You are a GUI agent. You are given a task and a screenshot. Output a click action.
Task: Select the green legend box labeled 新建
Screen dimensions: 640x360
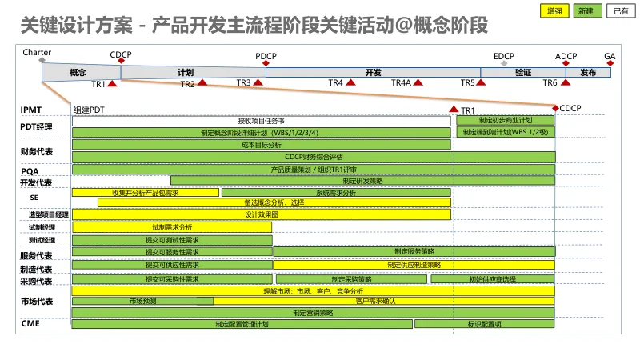pyautogui.click(x=585, y=10)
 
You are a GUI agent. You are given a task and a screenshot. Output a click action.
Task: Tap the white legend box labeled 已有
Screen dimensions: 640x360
pyautogui.click(x=618, y=10)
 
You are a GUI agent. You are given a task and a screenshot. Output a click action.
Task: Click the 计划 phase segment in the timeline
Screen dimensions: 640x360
pyautogui.click(x=186, y=72)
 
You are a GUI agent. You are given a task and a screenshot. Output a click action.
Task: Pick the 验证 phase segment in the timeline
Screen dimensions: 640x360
pyautogui.click(x=523, y=72)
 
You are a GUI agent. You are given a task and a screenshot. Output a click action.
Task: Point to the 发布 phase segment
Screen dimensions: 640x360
pyautogui.click(x=588, y=72)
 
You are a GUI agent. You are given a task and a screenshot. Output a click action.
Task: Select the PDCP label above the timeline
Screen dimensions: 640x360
pyautogui.click(x=266, y=56)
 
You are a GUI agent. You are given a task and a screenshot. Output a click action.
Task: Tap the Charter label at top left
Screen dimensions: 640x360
pyautogui.click(x=38, y=52)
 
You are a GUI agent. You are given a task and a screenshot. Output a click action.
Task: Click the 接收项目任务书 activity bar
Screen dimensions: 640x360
pyautogui.click(x=261, y=121)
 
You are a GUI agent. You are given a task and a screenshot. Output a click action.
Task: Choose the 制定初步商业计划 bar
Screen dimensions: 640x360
pyautogui.click(x=506, y=120)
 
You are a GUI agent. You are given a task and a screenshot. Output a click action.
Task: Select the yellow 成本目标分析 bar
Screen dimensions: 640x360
pyautogui.click(x=261, y=145)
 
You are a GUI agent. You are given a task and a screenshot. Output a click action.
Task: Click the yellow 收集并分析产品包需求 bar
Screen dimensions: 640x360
pyautogui.click(x=145, y=193)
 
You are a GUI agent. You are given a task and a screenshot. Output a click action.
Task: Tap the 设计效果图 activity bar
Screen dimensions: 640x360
pyautogui.click(x=261, y=214)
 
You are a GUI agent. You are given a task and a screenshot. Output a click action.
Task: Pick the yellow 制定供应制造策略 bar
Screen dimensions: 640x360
pyautogui.click(x=414, y=265)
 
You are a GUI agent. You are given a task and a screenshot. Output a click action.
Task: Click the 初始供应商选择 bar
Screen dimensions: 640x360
pyautogui.click(x=492, y=279)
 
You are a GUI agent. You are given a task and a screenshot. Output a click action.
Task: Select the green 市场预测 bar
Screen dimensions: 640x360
pyautogui.click(x=142, y=301)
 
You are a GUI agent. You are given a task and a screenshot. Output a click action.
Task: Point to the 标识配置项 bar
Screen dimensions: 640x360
pyautogui.click(x=484, y=324)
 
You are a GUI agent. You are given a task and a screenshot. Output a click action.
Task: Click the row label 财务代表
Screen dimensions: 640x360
pyautogui.click(x=37, y=151)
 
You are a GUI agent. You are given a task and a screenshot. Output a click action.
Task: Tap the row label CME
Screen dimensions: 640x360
pyautogui.click(x=30, y=323)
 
